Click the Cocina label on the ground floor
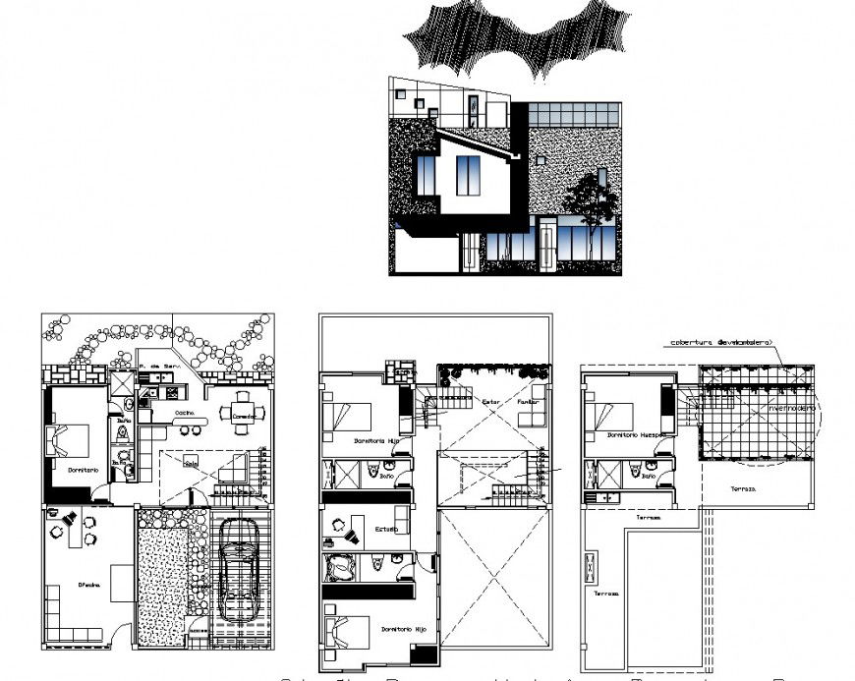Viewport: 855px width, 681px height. click(184, 414)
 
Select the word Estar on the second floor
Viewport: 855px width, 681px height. click(491, 402)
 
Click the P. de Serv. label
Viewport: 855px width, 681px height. click(156, 366)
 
